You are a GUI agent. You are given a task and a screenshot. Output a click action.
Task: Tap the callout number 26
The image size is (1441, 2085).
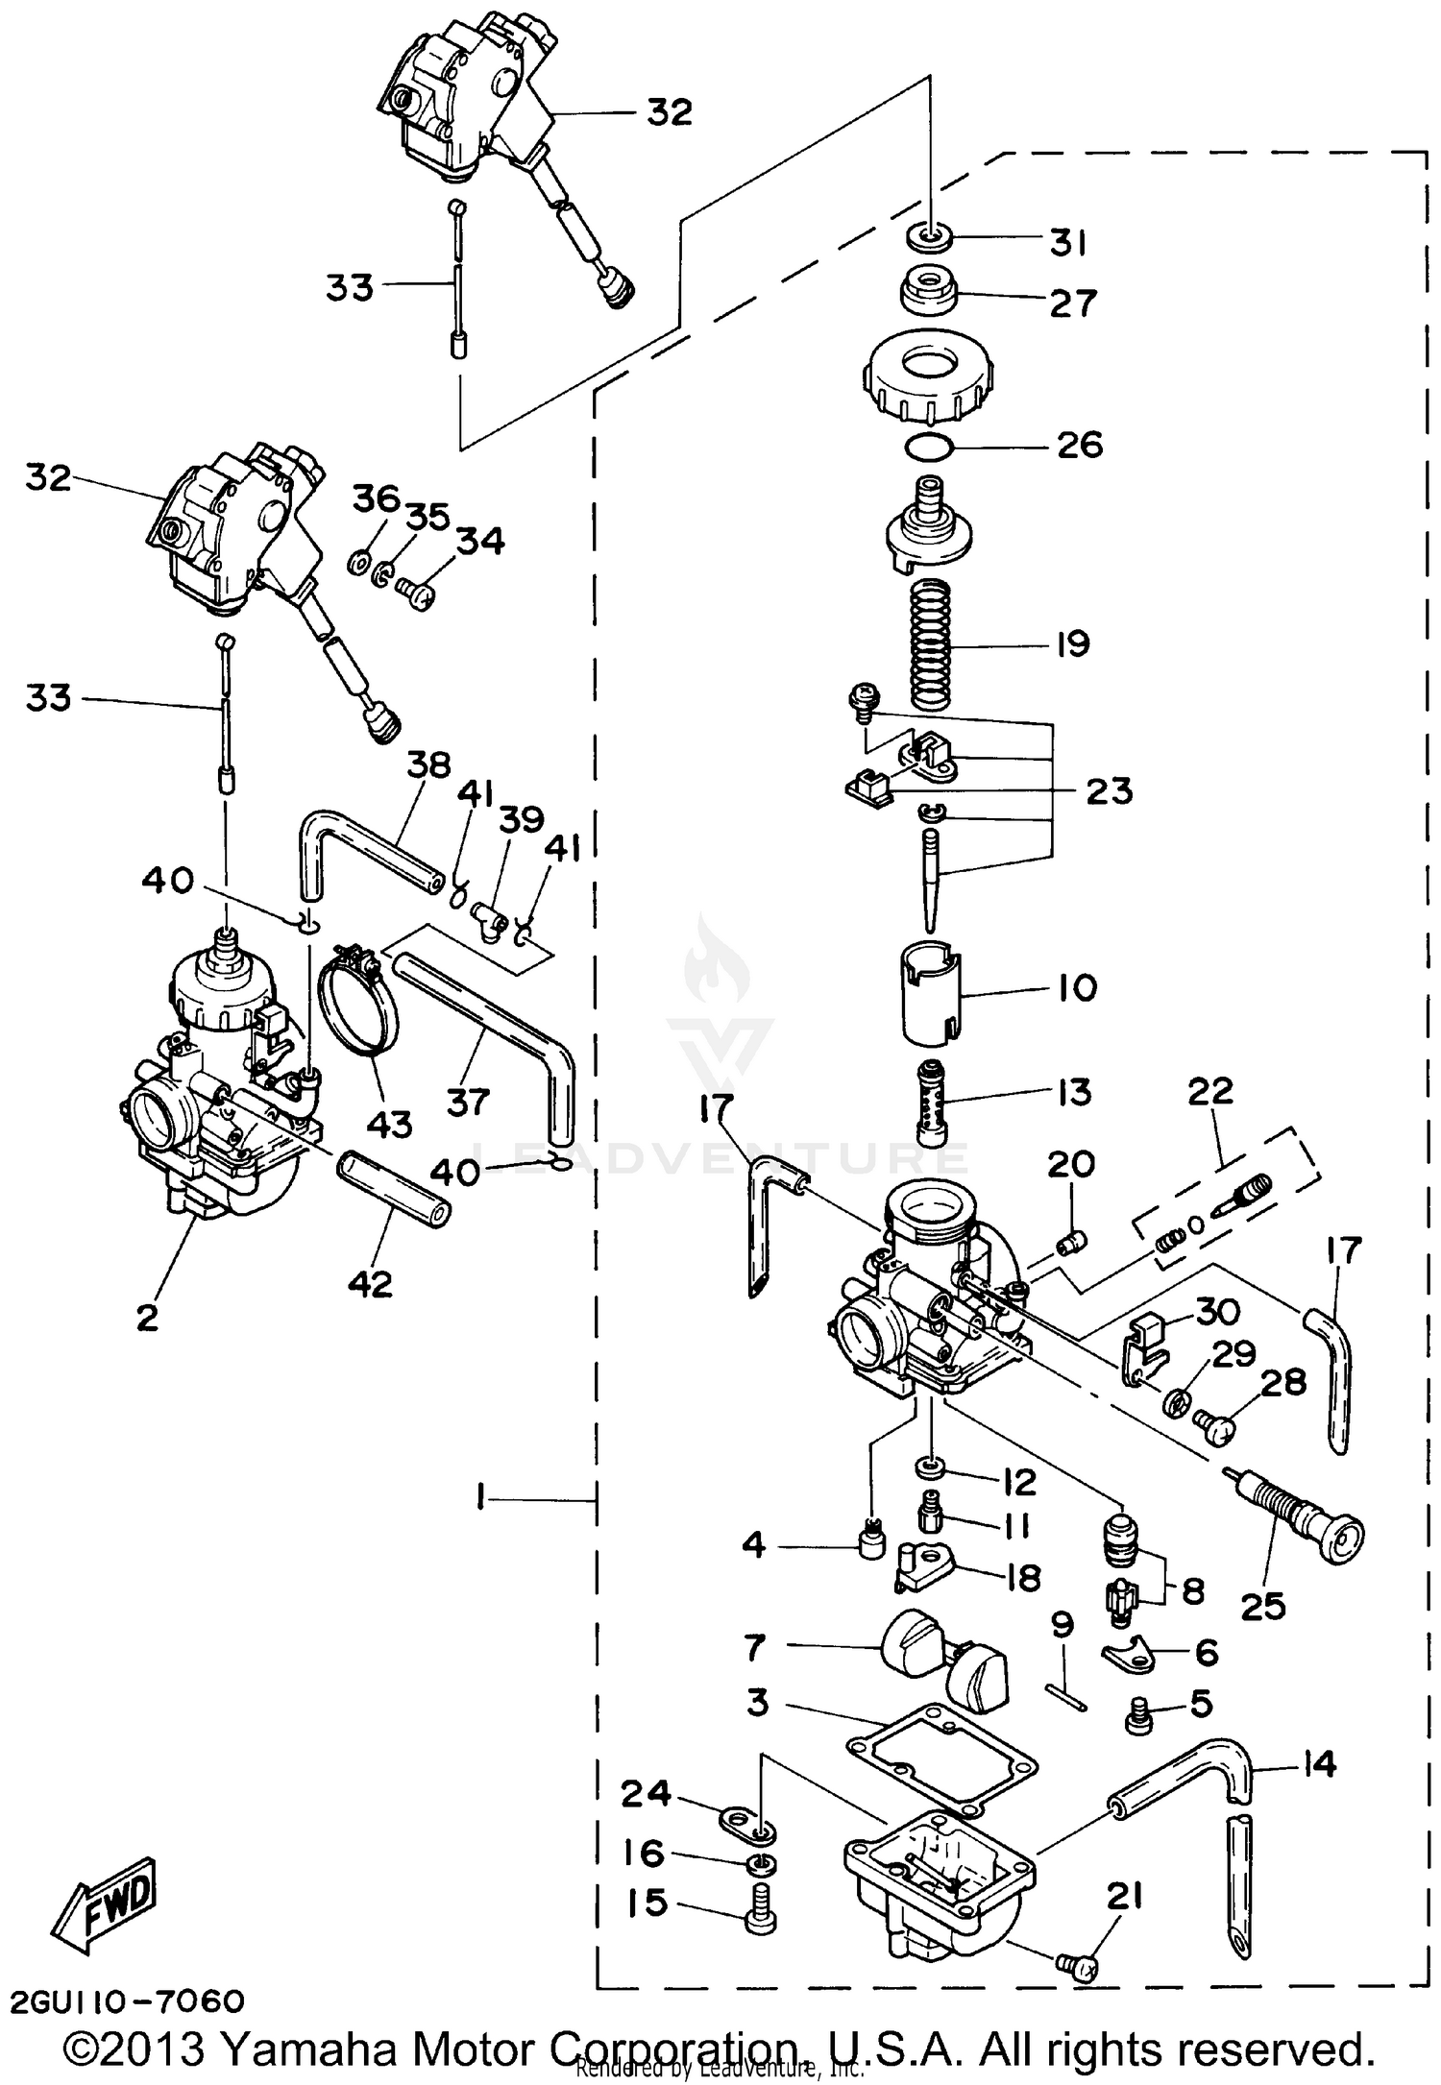pos(1079,446)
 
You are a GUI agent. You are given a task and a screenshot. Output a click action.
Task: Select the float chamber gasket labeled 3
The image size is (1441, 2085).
pos(940,1758)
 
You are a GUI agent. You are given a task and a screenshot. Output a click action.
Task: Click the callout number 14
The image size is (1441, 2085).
pos(1320,1763)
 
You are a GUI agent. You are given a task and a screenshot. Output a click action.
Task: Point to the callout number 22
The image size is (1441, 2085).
pos(1209,1091)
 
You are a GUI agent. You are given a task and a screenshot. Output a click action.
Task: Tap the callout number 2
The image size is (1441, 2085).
pos(147,1317)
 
